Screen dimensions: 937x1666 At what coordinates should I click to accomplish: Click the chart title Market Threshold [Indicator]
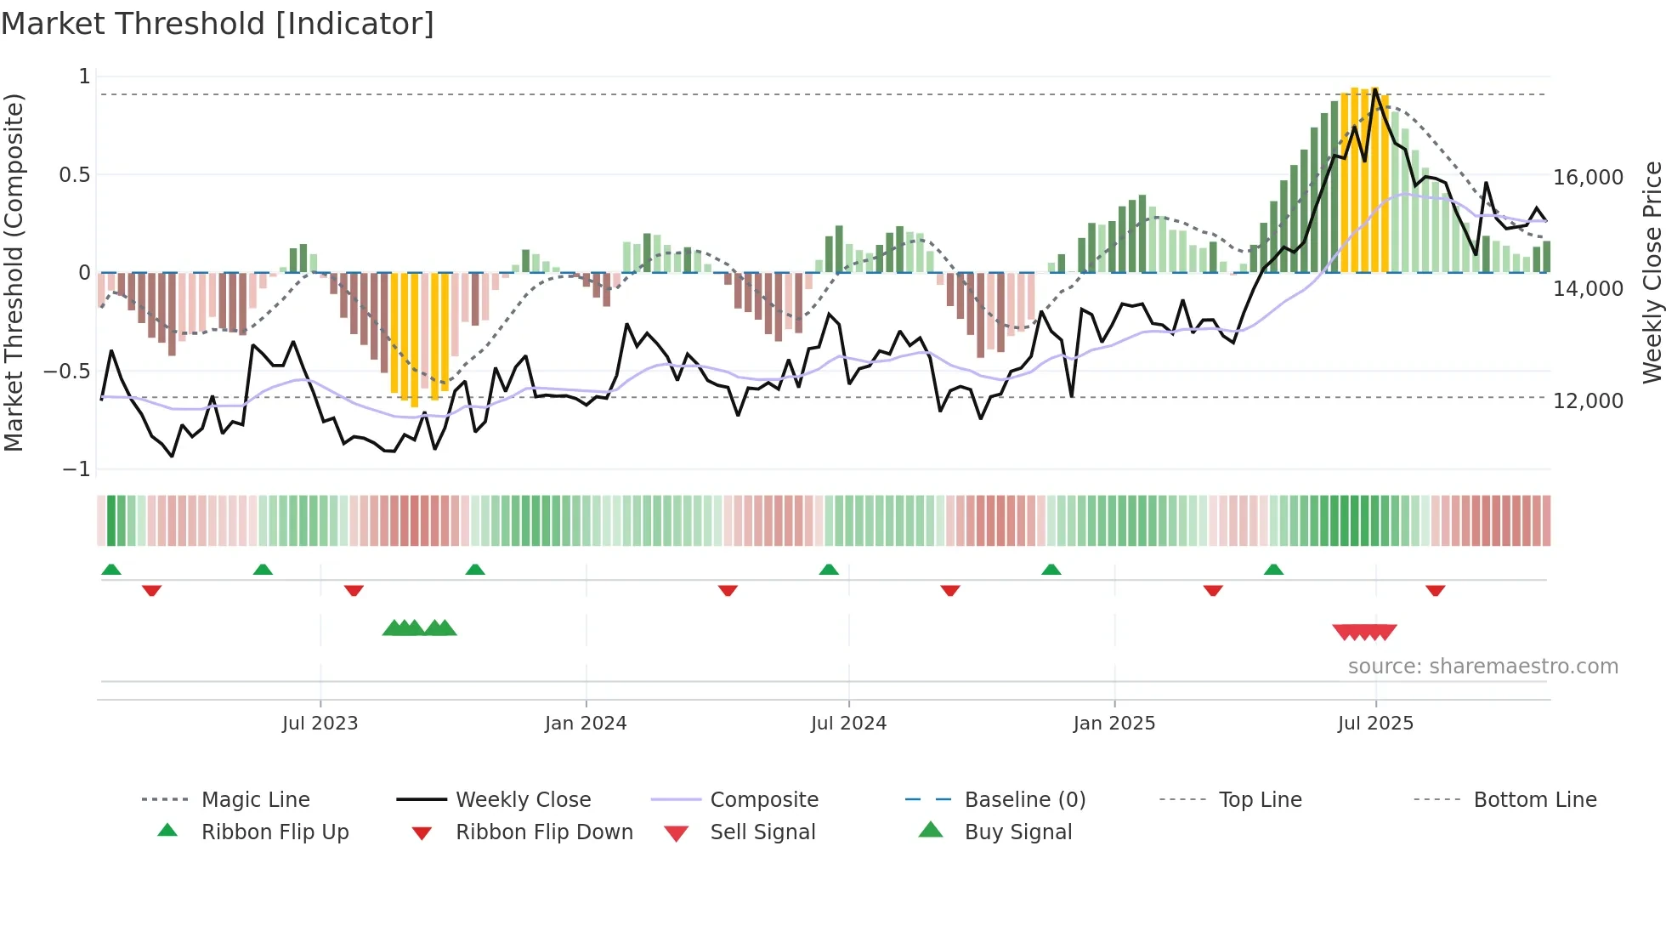point(218,24)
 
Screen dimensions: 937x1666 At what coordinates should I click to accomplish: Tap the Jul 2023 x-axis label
point(320,724)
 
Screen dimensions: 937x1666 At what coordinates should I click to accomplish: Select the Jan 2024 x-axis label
point(586,724)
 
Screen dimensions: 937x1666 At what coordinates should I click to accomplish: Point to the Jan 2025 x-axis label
point(1113,724)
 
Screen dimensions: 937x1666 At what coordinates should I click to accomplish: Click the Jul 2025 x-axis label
point(1375,724)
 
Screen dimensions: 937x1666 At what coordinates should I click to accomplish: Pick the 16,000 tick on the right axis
point(1588,178)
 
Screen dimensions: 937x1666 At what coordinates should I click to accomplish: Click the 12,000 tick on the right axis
point(1588,400)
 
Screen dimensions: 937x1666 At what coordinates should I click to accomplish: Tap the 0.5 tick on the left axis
point(74,175)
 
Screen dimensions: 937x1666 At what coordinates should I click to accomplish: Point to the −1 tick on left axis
point(76,469)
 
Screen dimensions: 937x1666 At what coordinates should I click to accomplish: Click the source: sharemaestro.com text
point(1482,667)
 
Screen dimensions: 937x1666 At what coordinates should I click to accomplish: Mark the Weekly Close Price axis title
point(1652,272)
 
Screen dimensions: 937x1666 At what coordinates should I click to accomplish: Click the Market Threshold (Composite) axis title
point(14,272)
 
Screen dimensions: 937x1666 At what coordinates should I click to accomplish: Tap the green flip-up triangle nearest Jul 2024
point(829,570)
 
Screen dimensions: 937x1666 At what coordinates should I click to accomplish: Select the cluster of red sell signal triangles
point(1364,632)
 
